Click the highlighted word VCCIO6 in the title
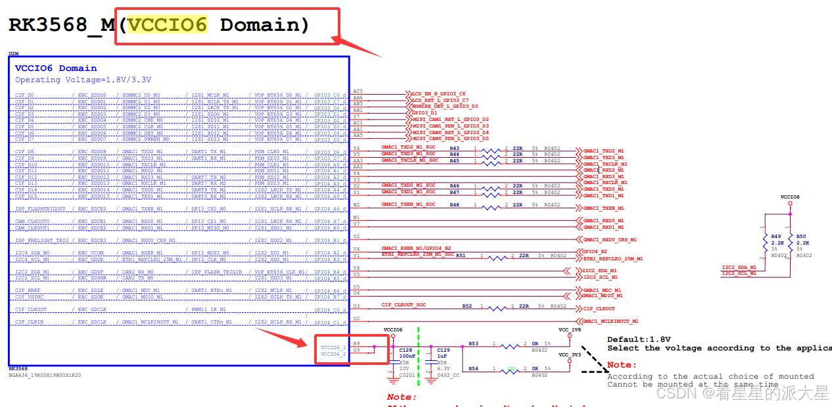coord(167,25)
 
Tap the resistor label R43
coord(454,148)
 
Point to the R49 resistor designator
coord(776,236)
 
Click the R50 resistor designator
coord(800,236)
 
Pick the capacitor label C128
coord(406,350)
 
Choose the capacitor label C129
coord(444,350)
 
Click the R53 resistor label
coord(473,343)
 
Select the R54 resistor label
coord(473,368)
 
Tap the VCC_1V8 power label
coord(569,329)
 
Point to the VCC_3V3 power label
coord(569,354)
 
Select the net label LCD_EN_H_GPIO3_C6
coord(438,94)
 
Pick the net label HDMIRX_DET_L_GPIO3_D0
coord(445,106)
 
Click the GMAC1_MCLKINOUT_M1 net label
coord(611,322)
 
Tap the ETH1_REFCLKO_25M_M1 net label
coord(612,259)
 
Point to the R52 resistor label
coord(467,306)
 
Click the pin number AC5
coord(358,91)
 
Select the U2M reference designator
coord(13,53)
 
